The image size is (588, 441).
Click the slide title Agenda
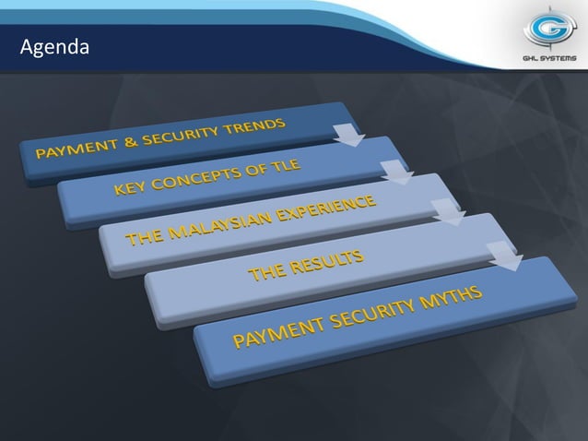click(x=54, y=45)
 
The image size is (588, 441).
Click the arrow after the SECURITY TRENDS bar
click(x=348, y=137)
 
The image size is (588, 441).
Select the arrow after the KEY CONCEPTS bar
click(x=395, y=173)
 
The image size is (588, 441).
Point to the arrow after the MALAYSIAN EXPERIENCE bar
click(x=448, y=213)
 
